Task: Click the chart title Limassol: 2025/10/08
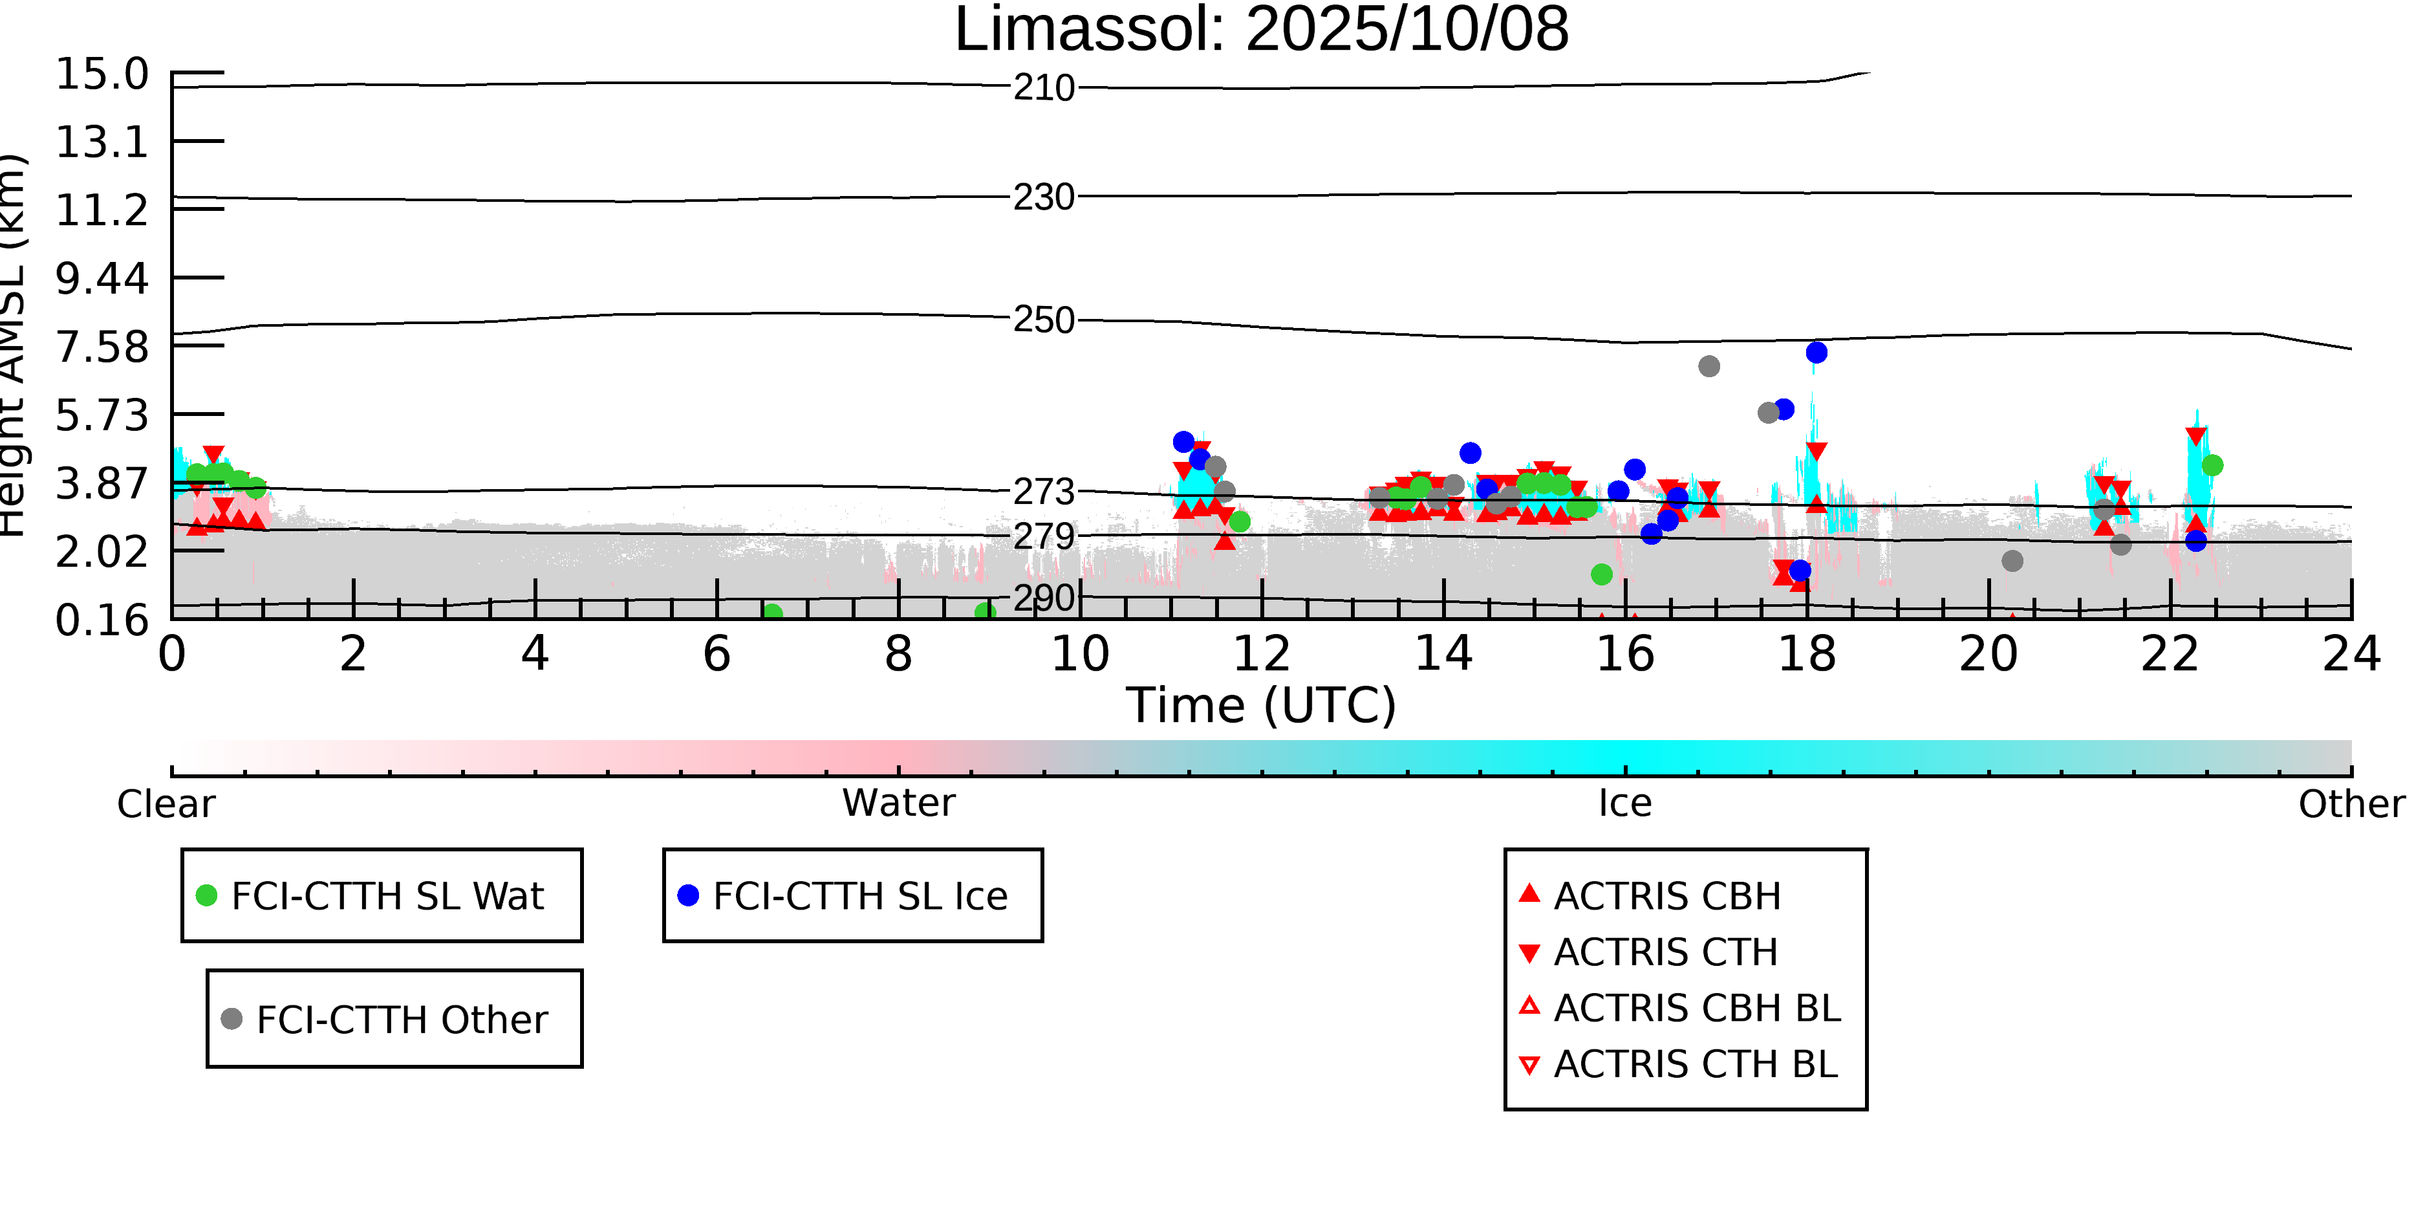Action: click(x=1262, y=30)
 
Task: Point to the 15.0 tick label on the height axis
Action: click(x=102, y=74)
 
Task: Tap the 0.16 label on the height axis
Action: click(x=102, y=620)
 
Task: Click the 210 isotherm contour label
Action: click(x=1044, y=89)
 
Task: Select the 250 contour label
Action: click(x=1044, y=320)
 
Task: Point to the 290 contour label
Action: click(x=1044, y=598)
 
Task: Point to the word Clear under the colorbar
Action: click(x=166, y=804)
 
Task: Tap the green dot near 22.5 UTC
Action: click(x=2212, y=465)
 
